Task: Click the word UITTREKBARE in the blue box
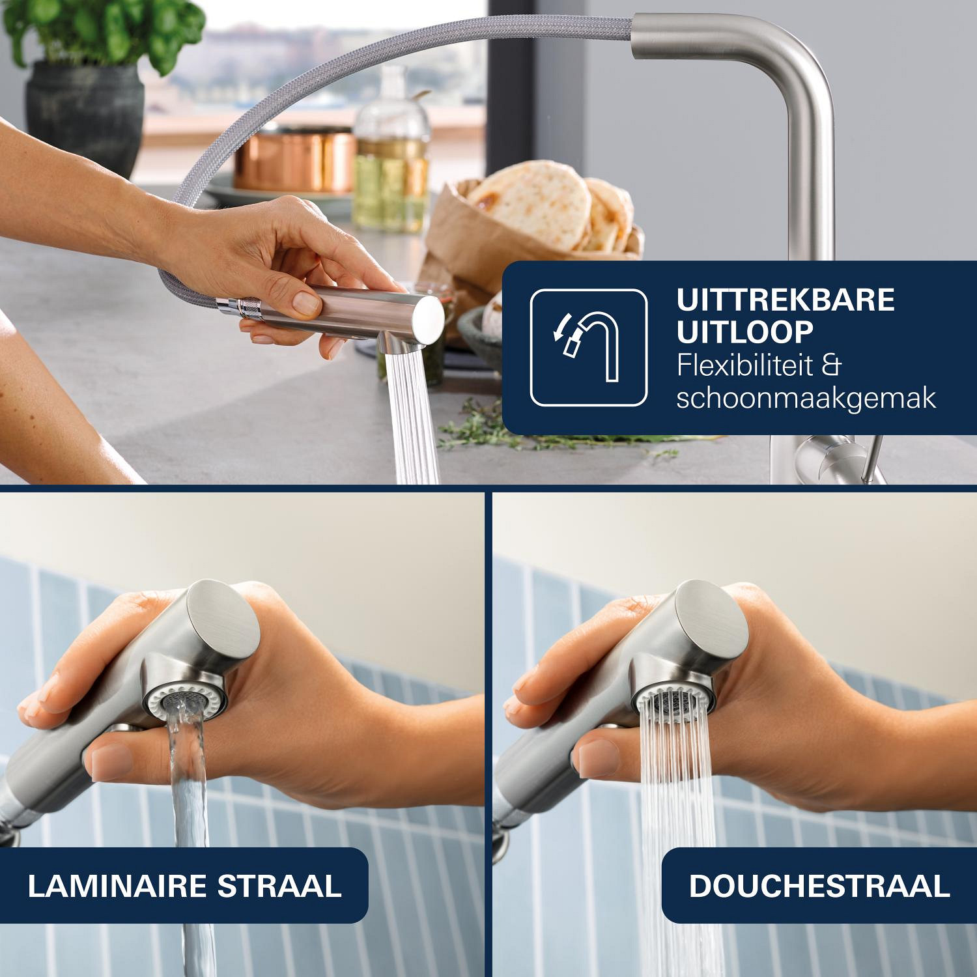click(786, 300)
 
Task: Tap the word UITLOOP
click(745, 332)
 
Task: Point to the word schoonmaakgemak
click(806, 398)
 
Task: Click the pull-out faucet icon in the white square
click(588, 347)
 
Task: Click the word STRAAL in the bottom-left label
click(279, 886)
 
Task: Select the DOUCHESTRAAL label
click(819, 886)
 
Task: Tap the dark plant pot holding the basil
click(85, 117)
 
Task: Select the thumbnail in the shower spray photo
click(596, 759)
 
